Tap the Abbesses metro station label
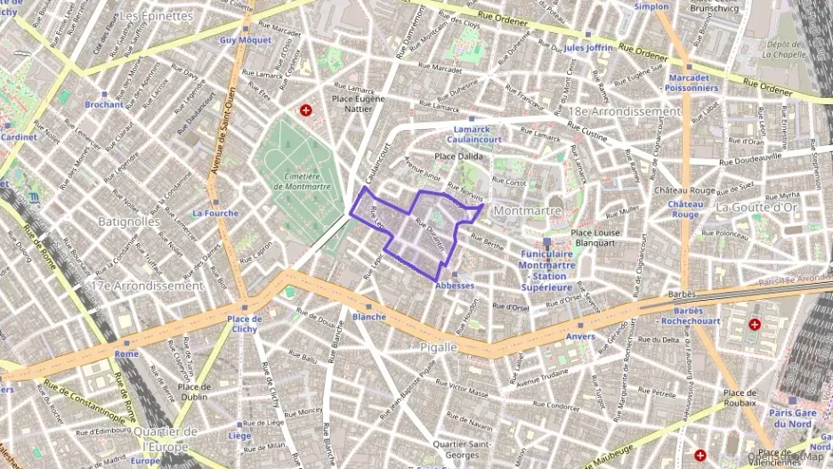click(454, 286)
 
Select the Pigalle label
click(437, 346)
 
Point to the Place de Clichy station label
click(243, 324)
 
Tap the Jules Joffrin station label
click(588, 47)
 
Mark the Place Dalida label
click(457, 156)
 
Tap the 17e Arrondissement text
click(148, 287)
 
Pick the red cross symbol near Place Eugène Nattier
click(306, 110)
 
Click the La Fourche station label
click(214, 214)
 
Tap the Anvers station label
click(580, 336)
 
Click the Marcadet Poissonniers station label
click(692, 83)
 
